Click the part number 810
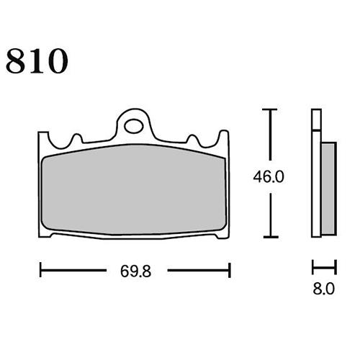click(x=37, y=61)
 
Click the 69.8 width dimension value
click(x=136, y=271)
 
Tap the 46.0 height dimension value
click(x=269, y=177)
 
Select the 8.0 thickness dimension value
click(x=323, y=289)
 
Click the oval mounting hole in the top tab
click(x=134, y=126)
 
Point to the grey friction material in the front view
click(x=134, y=189)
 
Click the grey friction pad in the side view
click(x=328, y=189)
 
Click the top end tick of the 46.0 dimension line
click(x=270, y=109)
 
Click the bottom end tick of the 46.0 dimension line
click(x=271, y=237)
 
